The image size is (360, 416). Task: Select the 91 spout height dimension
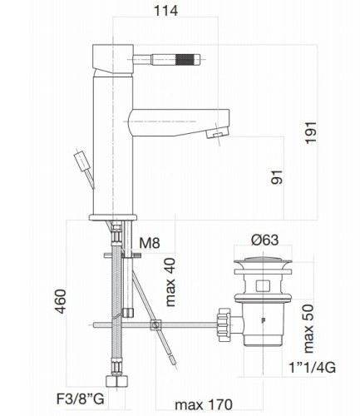[x=278, y=177]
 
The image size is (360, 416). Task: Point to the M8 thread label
[x=150, y=243]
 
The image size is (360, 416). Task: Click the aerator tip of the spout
[x=217, y=131]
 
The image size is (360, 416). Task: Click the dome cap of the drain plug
[x=265, y=265]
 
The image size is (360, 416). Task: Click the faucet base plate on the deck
[x=112, y=218]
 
